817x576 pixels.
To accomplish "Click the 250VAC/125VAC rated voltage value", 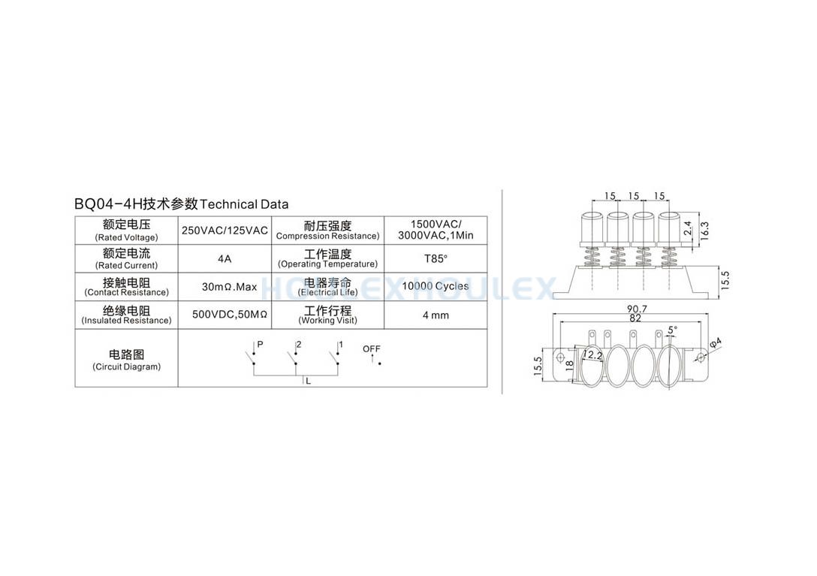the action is pyautogui.click(x=225, y=231).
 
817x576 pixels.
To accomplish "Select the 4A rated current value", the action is pyautogui.click(x=225, y=259).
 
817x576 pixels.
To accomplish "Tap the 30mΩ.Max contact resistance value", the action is pyautogui.click(x=229, y=287).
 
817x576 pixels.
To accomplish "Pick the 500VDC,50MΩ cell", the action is pyautogui.click(x=230, y=315).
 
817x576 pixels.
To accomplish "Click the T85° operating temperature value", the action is pyautogui.click(x=436, y=259).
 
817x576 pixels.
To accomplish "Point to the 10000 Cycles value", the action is pyautogui.click(x=435, y=286).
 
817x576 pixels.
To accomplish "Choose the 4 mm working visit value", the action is pyautogui.click(x=436, y=315).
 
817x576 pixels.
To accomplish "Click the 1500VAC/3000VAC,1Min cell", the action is pyautogui.click(x=436, y=230).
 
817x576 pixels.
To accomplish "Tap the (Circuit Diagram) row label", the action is pyautogui.click(x=127, y=367).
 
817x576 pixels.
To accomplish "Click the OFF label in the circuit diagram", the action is pyautogui.click(x=372, y=348).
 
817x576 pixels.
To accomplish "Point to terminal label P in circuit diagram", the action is pyautogui.click(x=260, y=345).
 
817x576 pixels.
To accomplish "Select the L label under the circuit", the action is pyautogui.click(x=309, y=381).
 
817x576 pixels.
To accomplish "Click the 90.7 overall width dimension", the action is pyautogui.click(x=637, y=309).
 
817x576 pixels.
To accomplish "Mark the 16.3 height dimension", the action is pyautogui.click(x=704, y=231).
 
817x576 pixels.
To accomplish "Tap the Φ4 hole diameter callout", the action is pyautogui.click(x=716, y=343).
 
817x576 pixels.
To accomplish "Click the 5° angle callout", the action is pyautogui.click(x=673, y=330).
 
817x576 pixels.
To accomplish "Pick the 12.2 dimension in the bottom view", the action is pyautogui.click(x=592, y=355).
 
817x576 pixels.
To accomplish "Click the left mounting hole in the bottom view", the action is pyautogui.click(x=561, y=357).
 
